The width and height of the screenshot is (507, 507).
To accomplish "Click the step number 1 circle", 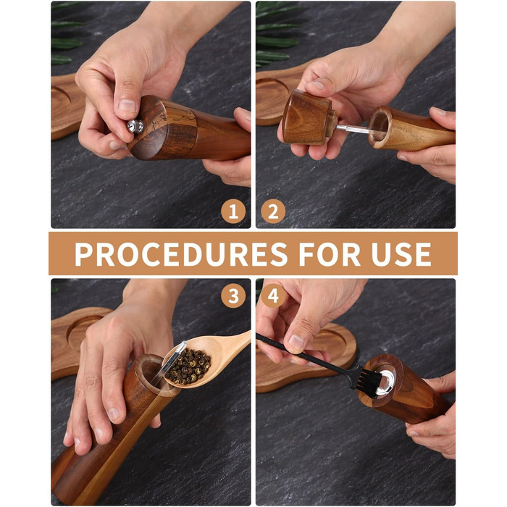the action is point(233,211).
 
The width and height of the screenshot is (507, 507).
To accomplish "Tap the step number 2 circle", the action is point(273,211).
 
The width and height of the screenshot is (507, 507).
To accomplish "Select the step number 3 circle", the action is point(233,296).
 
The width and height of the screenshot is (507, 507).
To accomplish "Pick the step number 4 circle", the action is point(273,296).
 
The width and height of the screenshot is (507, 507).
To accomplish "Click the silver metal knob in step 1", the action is point(135,126).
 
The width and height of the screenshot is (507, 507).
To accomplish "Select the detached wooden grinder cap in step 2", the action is point(309,117).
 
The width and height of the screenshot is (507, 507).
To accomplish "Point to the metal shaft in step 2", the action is point(353,130).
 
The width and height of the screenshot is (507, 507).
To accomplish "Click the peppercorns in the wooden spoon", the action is point(188,365).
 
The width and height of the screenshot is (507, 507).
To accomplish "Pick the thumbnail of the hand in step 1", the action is point(127,106).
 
